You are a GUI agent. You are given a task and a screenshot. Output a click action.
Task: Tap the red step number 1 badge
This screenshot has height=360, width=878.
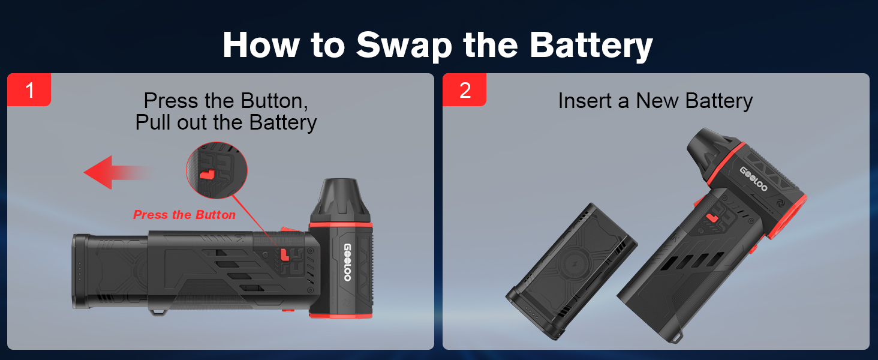pyautogui.click(x=29, y=90)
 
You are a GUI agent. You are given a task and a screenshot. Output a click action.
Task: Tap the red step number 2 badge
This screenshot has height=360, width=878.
pyautogui.click(x=465, y=90)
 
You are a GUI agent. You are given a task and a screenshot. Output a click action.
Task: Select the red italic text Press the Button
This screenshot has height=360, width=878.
pyautogui.click(x=184, y=215)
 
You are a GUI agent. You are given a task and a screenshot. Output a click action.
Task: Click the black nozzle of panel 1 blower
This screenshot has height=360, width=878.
pyautogui.click(x=339, y=200)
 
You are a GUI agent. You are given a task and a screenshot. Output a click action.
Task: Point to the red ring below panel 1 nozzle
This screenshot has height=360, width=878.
pyautogui.click(x=340, y=226)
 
